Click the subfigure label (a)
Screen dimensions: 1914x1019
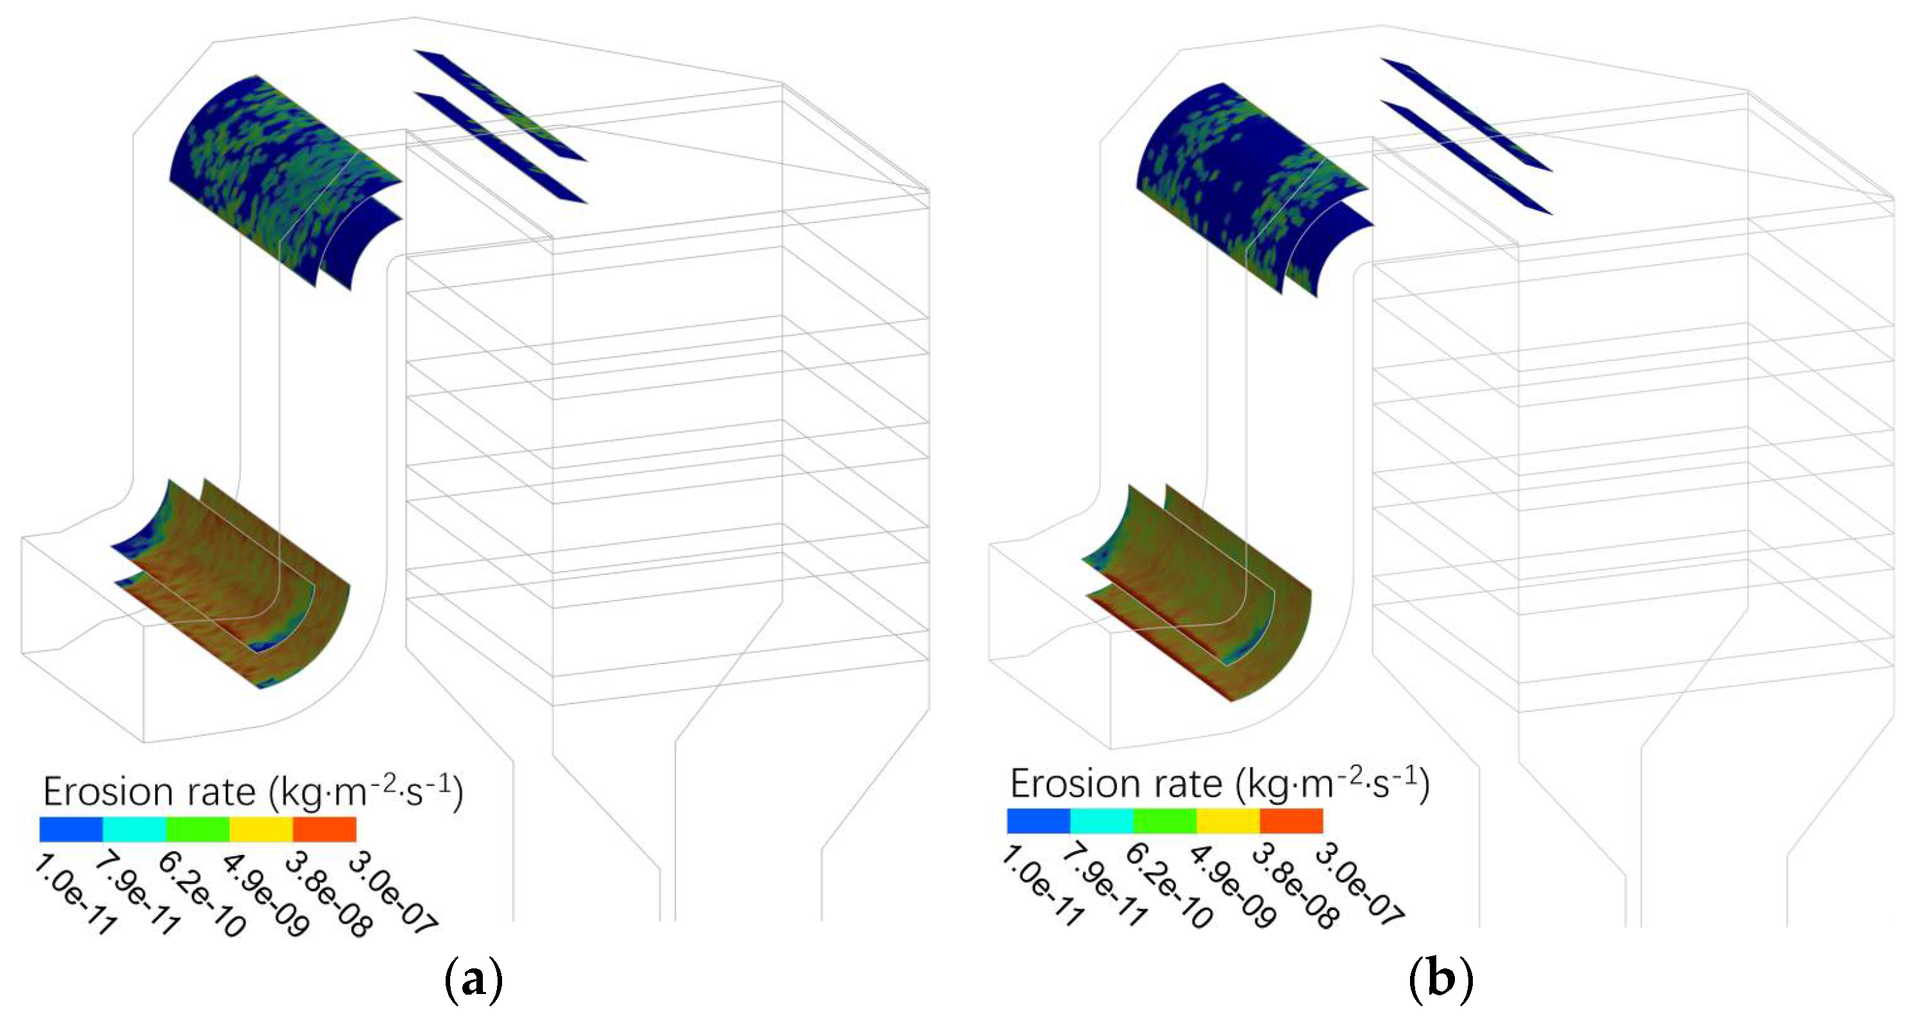click(x=473, y=981)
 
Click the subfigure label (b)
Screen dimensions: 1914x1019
click(x=1441, y=981)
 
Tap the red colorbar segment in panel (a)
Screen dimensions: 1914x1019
click(x=324, y=829)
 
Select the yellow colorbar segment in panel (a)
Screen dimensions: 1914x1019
click(x=262, y=829)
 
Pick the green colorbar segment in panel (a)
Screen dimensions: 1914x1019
click(x=197, y=829)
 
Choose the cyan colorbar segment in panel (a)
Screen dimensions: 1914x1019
click(x=135, y=829)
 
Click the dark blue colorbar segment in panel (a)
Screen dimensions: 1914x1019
click(x=71, y=829)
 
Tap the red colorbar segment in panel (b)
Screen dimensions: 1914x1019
click(x=1291, y=822)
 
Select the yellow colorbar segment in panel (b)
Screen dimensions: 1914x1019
click(x=1228, y=822)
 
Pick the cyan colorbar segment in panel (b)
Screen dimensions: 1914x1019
click(x=1102, y=822)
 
